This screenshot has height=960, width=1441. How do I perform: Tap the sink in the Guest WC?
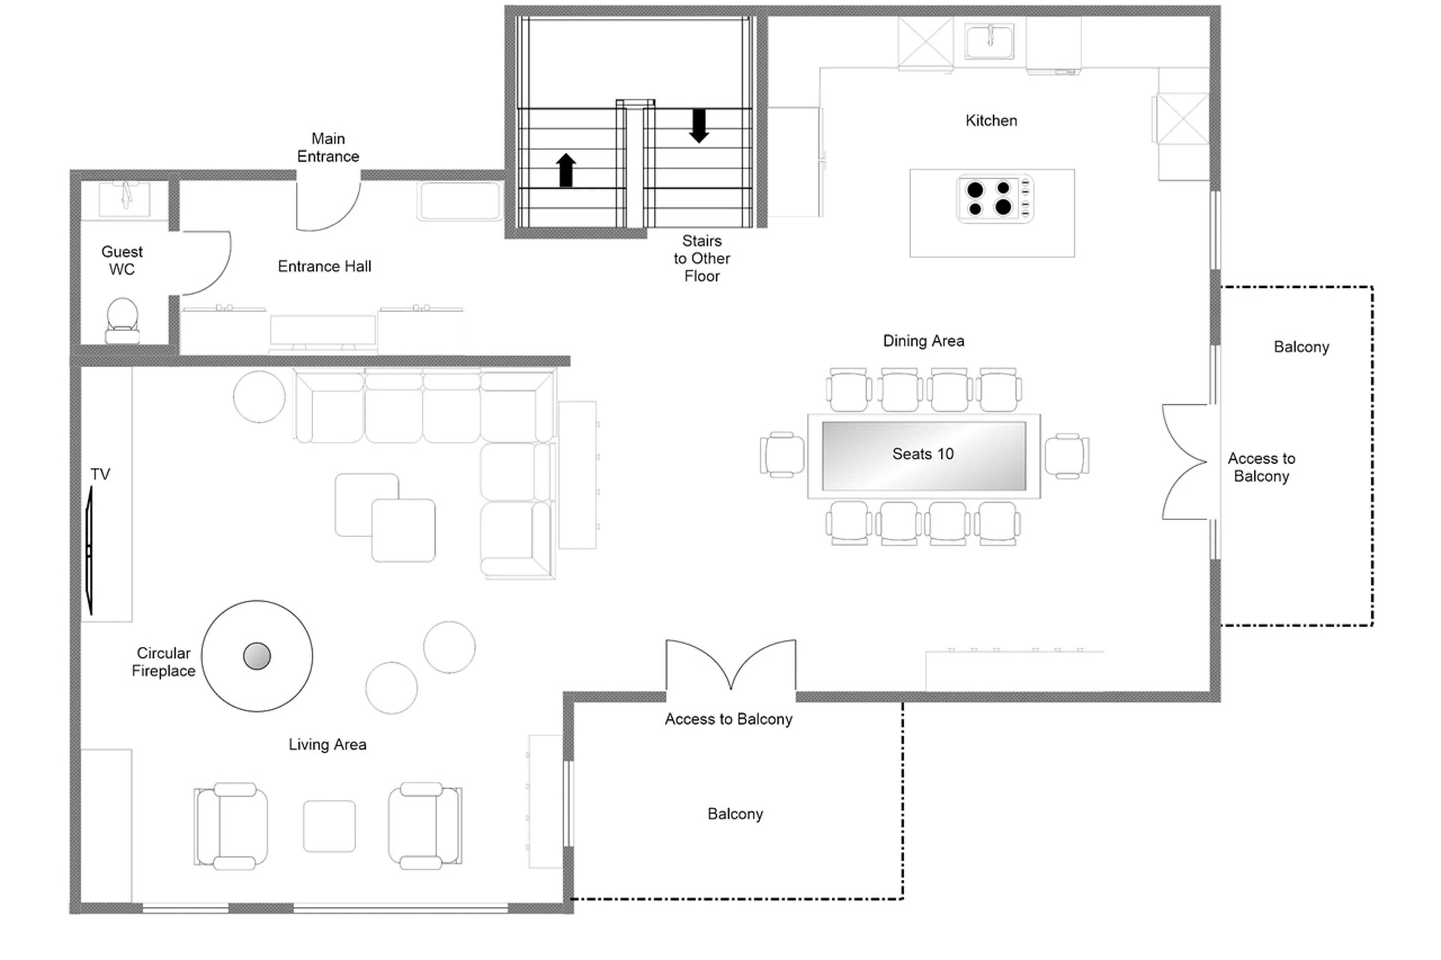125,198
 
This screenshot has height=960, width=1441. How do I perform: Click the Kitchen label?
991,121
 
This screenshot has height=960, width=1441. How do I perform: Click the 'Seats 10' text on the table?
922,454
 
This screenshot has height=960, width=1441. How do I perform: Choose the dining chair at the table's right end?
1066,455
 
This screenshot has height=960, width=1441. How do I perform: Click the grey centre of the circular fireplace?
257,656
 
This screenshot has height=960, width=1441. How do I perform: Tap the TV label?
101,474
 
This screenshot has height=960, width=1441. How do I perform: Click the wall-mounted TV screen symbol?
89,550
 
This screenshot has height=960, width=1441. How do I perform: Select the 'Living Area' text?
328,745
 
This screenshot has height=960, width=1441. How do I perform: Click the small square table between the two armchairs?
329,825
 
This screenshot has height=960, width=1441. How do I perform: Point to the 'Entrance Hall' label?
325,266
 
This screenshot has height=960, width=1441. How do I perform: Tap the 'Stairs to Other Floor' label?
702,258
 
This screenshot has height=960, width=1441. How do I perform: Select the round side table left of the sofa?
259,397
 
